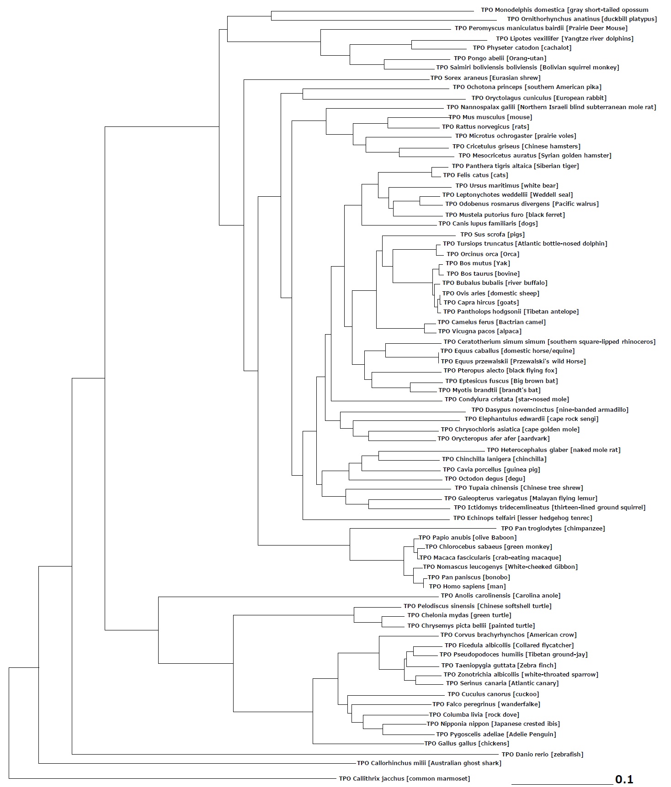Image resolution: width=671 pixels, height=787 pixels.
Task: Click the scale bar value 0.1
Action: [x=624, y=779]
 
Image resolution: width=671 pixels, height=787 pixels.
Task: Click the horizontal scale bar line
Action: [x=562, y=783]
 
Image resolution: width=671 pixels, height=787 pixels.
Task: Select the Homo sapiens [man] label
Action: [x=467, y=587]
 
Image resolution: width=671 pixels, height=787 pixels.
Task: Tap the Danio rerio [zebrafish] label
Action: [x=542, y=755]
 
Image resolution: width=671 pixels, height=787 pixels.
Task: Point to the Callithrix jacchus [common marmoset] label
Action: [x=404, y=779]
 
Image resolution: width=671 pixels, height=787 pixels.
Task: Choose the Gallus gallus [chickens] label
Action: [x=467, y=744]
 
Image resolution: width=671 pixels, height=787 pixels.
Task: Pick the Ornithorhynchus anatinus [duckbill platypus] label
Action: [x=582, y=19]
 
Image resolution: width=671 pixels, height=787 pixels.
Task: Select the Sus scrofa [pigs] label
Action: [x=492, y=235]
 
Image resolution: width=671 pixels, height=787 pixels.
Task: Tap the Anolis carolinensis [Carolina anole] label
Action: [x=501, y=596]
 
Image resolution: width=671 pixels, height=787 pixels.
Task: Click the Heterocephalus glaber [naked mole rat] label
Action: [x=554, y=450]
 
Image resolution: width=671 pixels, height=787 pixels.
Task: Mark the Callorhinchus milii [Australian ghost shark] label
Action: [x=429, y=763]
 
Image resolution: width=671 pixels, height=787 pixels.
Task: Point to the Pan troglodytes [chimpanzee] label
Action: [x=553, y=529]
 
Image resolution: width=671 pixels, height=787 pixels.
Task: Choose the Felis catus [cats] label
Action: [x=475, y=175]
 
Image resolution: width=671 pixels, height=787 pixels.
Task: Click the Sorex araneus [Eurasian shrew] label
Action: [x=485, y=78]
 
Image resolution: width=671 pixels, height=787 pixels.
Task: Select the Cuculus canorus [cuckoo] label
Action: [x=493, y=694]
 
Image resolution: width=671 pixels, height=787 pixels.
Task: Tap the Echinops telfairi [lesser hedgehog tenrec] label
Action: [x=522, y=518]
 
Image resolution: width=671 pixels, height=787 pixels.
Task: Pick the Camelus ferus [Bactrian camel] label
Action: [x=491, y=322]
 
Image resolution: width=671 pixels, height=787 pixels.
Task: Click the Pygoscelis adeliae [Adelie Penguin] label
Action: [x=496, y=735]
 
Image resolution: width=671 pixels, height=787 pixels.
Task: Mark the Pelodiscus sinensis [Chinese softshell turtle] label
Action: [x=477, y=606]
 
